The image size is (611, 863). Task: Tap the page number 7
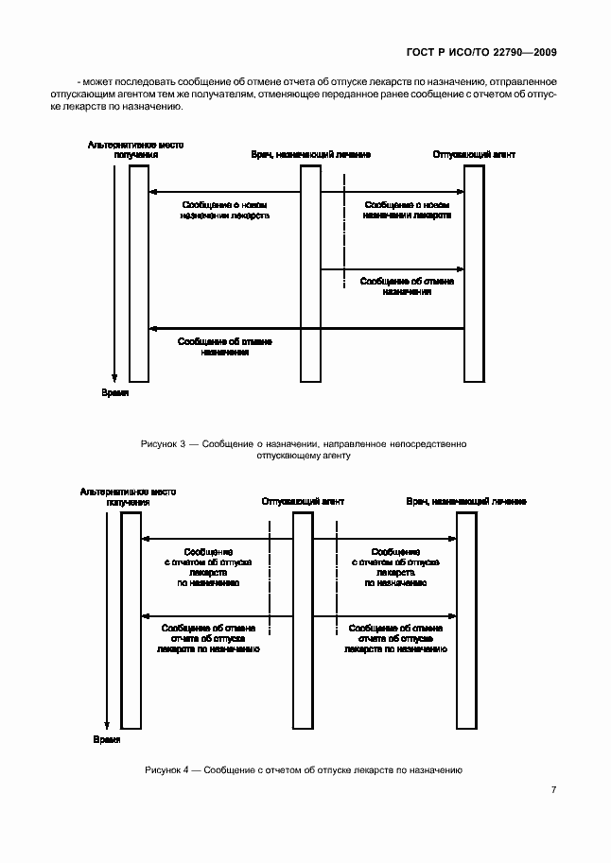(x=554, y=790)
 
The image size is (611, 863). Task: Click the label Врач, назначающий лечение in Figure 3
(x=310, y=153)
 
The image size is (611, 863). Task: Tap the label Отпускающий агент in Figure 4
(x=303, y=500)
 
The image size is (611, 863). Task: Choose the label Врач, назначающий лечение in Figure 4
(x=466, y=500)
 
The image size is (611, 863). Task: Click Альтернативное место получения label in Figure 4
(x=129, y=496)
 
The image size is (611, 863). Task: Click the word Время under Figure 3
(x=114, y=391)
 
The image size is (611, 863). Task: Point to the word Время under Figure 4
(x=107, y=739)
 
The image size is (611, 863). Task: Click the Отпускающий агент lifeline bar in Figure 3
(x=474, y=274)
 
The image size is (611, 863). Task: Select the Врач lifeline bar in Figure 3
(x=310, y=274)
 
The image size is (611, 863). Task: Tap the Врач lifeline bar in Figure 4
(x=466, y=619)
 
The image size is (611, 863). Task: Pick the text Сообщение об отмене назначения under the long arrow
(x=225, y=346)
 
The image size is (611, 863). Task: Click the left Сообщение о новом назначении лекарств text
(x=225, y=209)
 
